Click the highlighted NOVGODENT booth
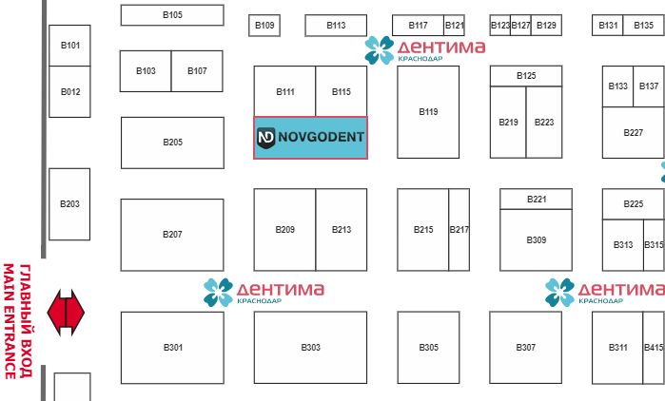tap(310, 139)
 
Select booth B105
tap(172, 15)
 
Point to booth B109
tap(265, 26)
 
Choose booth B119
tap(428, 112)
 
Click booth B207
tap(172, 234)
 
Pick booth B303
tap(310, 348)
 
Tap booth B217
tap(460, 229)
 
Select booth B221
tap(537, 199)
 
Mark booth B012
tap(70, 92)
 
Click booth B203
tap(69, 204)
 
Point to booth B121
tap(455, 26)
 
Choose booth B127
tap(521, 26)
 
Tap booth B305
tap(429, 348)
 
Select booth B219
tap(508, 123)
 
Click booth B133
tap(617, 86)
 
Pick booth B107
tap(197, 71)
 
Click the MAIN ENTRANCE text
tap(10, 320)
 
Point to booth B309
tap(537, 240)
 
